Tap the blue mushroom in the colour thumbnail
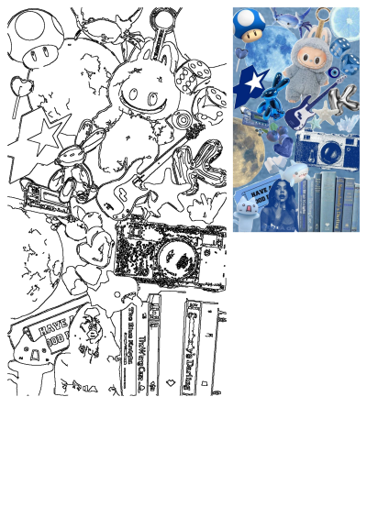pyautogui.click(x=248, y=26)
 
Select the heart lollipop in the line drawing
pyautogui.click(x=18, y=88)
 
